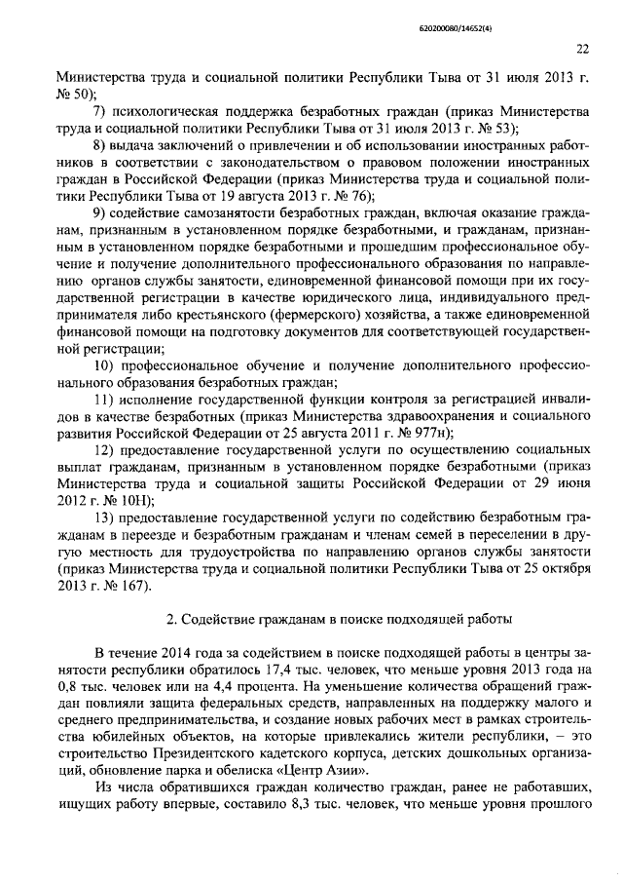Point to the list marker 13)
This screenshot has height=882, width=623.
click(105, 517)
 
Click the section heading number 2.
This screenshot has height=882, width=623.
click(170, 619)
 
